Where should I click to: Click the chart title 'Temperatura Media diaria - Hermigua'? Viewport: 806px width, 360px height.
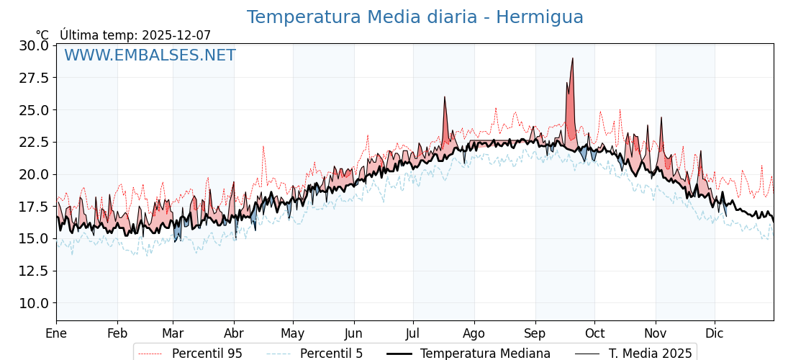[415, 17]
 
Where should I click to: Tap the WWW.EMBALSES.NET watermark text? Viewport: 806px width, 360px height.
[150, 55]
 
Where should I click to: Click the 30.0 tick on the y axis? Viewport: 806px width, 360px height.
[34, 45]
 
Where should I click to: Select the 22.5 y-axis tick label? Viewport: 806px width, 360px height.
[34, 142]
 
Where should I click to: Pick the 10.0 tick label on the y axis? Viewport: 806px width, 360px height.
[34, 303]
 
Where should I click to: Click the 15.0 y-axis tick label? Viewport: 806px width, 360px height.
[34, 238]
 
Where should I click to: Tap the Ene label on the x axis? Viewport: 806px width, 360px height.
[56, 334]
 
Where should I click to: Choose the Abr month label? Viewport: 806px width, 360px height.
[234, 334]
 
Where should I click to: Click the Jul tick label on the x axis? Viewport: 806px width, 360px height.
[413, 334]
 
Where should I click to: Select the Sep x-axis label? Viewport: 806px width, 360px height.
[535, 334]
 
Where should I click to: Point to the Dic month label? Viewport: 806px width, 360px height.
[715, 334]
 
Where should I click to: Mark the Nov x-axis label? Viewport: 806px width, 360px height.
[656, 334]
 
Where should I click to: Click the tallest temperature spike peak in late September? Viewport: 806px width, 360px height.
[573, 58]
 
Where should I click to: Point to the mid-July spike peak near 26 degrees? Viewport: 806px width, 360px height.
[445, 96]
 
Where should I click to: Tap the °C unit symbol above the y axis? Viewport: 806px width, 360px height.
[42, 35]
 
